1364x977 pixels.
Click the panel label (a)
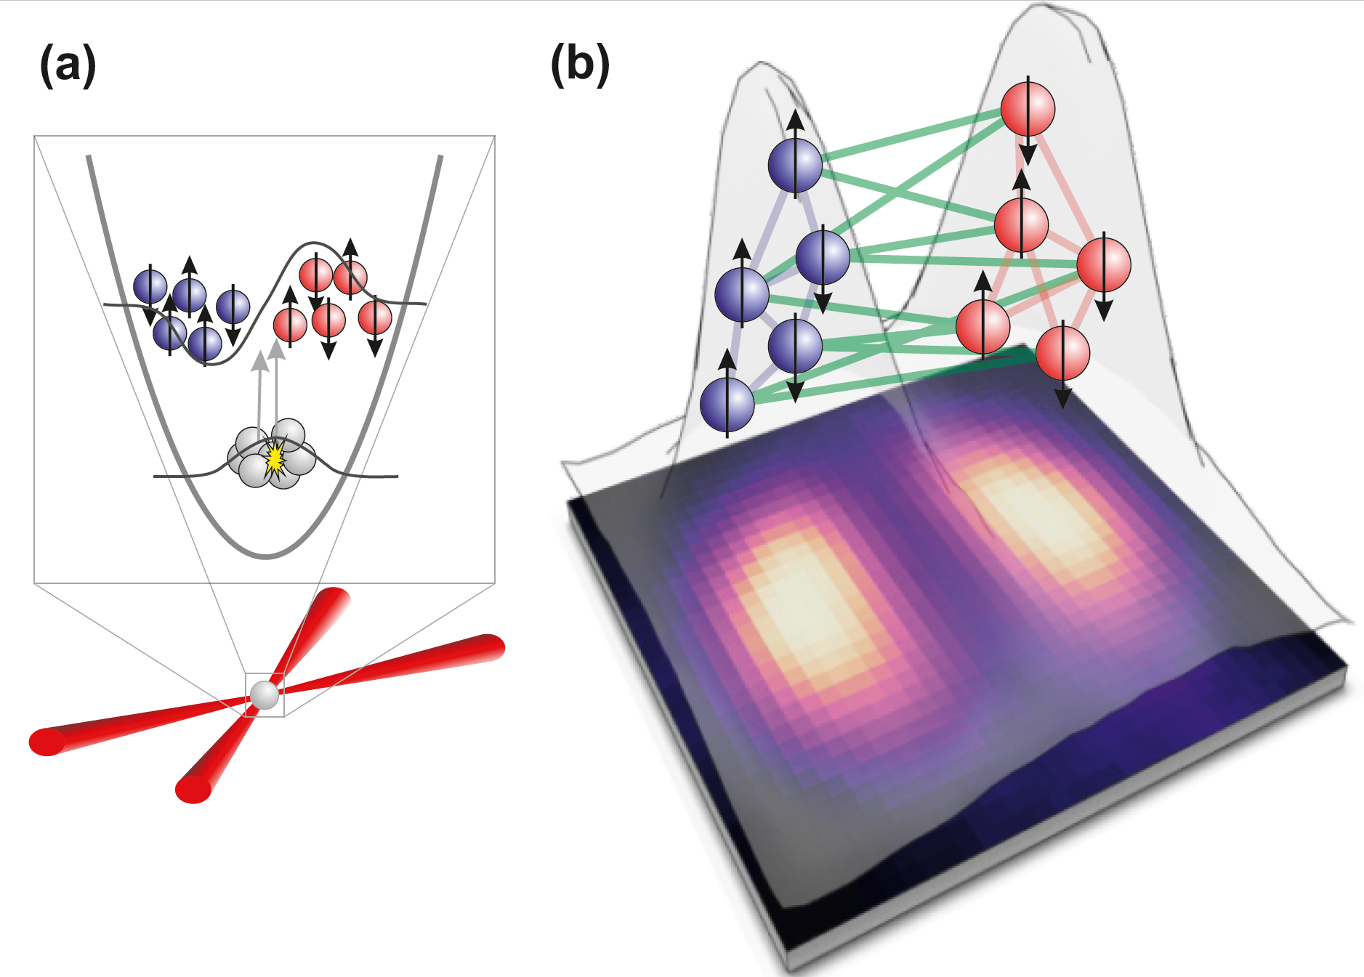pos(68,65)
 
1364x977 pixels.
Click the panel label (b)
pos(580,65)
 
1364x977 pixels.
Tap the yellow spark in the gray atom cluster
pos(275,458)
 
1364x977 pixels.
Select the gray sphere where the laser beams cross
pos(265,695)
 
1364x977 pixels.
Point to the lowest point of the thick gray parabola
pos(266,556)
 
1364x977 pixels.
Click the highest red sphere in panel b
pos(1028,109)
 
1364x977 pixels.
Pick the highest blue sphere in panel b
pos(795,166)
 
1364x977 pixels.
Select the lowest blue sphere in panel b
pos(727,405)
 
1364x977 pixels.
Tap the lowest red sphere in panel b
pos(1062,353)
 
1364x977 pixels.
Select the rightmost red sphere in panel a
pos(375,317)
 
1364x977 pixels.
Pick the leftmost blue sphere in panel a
pos(150,287)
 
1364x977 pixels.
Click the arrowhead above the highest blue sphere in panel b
pos(795,118)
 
